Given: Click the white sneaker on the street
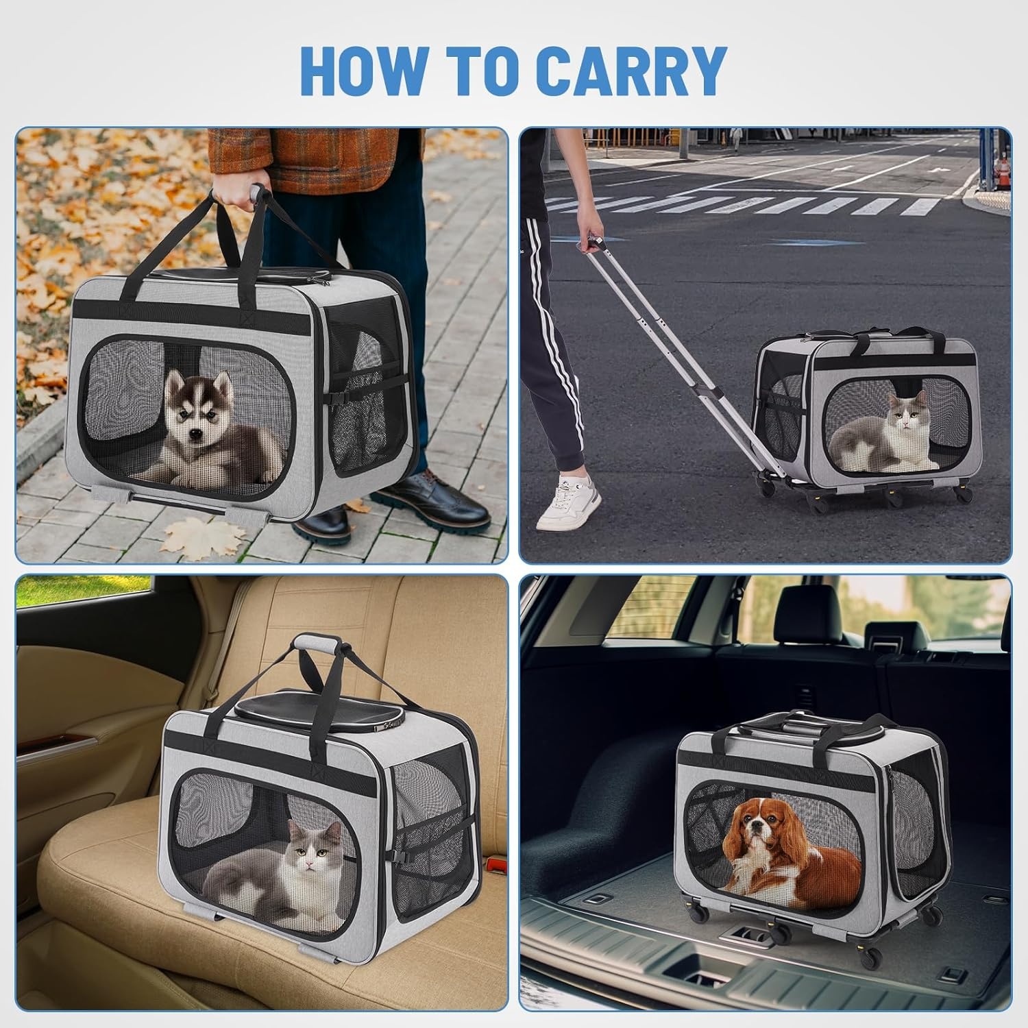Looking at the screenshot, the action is pos(570,504).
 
